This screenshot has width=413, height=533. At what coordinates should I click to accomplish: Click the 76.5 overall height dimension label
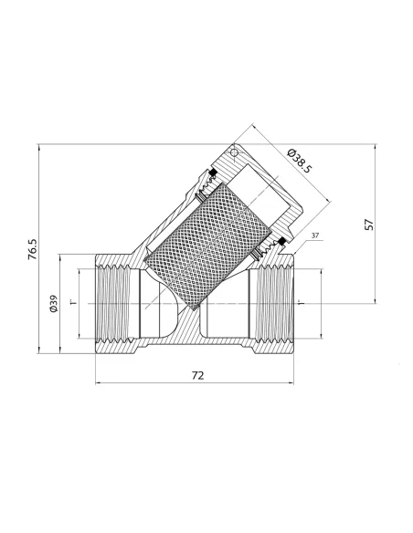[32, 249]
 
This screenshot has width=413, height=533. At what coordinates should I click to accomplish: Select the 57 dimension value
[369, 225]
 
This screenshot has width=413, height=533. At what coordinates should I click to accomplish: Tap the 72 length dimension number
[197, 376]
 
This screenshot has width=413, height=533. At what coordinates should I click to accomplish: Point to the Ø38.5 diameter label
[300, 162]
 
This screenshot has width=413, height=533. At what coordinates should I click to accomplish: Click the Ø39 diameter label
[53, 304]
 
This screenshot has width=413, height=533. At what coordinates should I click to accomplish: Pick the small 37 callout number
[315, 235]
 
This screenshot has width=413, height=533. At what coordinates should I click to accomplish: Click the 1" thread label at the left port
[73, 302]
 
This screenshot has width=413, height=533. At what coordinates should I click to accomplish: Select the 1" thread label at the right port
[300, 302]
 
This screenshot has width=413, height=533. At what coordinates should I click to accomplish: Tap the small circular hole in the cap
[234, 152]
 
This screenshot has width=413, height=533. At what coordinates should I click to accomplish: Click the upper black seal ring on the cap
[213, 173]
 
